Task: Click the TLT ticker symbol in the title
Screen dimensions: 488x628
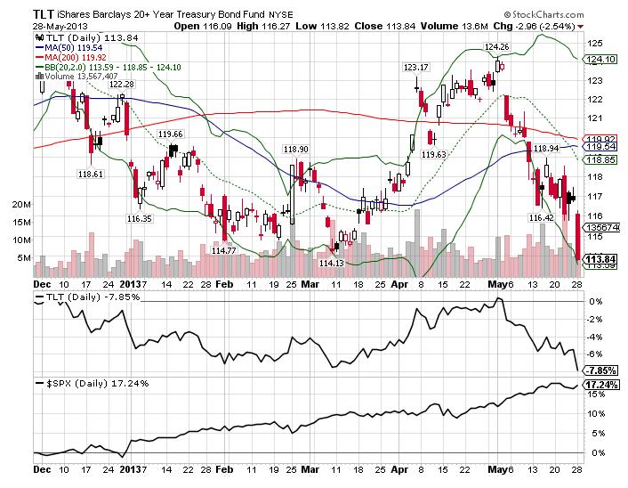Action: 20,13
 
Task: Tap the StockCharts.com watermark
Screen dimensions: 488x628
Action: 549,14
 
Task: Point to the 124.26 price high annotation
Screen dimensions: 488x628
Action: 496,45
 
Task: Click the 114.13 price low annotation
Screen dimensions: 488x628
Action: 332,263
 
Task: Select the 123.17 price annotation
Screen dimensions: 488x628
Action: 416,67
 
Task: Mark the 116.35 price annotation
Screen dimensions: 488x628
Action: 140,217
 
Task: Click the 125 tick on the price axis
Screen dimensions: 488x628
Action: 590,43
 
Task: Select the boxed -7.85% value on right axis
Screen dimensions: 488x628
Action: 600,370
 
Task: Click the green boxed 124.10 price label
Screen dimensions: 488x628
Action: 602,60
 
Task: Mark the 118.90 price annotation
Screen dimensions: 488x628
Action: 295,149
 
